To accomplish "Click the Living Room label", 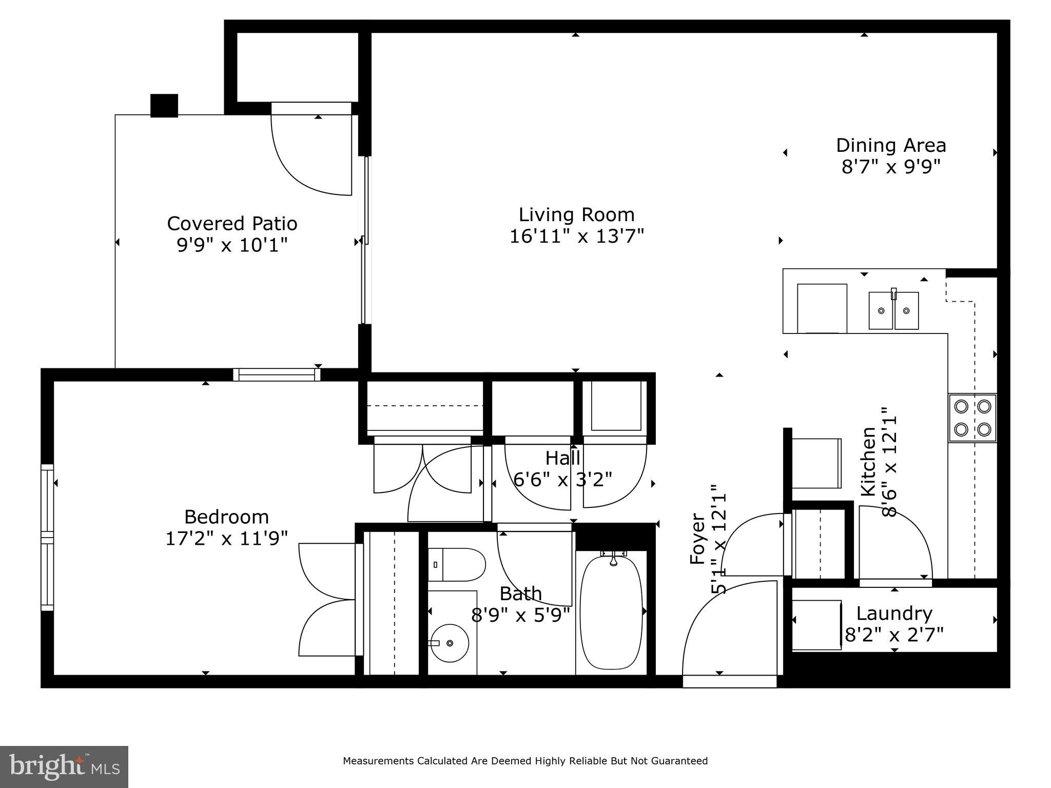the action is pyautogui.click(x=576, y=214).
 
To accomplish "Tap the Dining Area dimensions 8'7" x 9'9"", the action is pyautogui.click(x=891, y=167).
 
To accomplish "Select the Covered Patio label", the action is pyautogui.click(x=232, y=224).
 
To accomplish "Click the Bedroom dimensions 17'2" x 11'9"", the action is pyautogui.click(x=226, y=538).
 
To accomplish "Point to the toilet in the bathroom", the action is pyautogui.click(x=456, y=564).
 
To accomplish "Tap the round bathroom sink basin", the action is pyautogui.click(x=450, y=643).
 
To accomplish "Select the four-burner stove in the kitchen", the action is pyautogui.click(x=972, y=418).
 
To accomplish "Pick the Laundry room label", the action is pyautogui.click(x=894, y=613).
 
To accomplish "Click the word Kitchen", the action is pyautogui.click(x=868, y=462).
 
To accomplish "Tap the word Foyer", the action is pyautogui.click(x=698, y=539).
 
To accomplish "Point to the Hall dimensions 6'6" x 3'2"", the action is pyautogui.click(x=563, y=480).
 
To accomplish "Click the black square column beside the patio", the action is pyautogui.click(x=164, y=106).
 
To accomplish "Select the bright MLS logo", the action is pyautogui.click(x=64, y=767).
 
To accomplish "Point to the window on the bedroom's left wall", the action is pyautogui.click(x=47, y=537).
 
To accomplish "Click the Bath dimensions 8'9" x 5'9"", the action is pyautogui.click(x=521, y=615).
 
